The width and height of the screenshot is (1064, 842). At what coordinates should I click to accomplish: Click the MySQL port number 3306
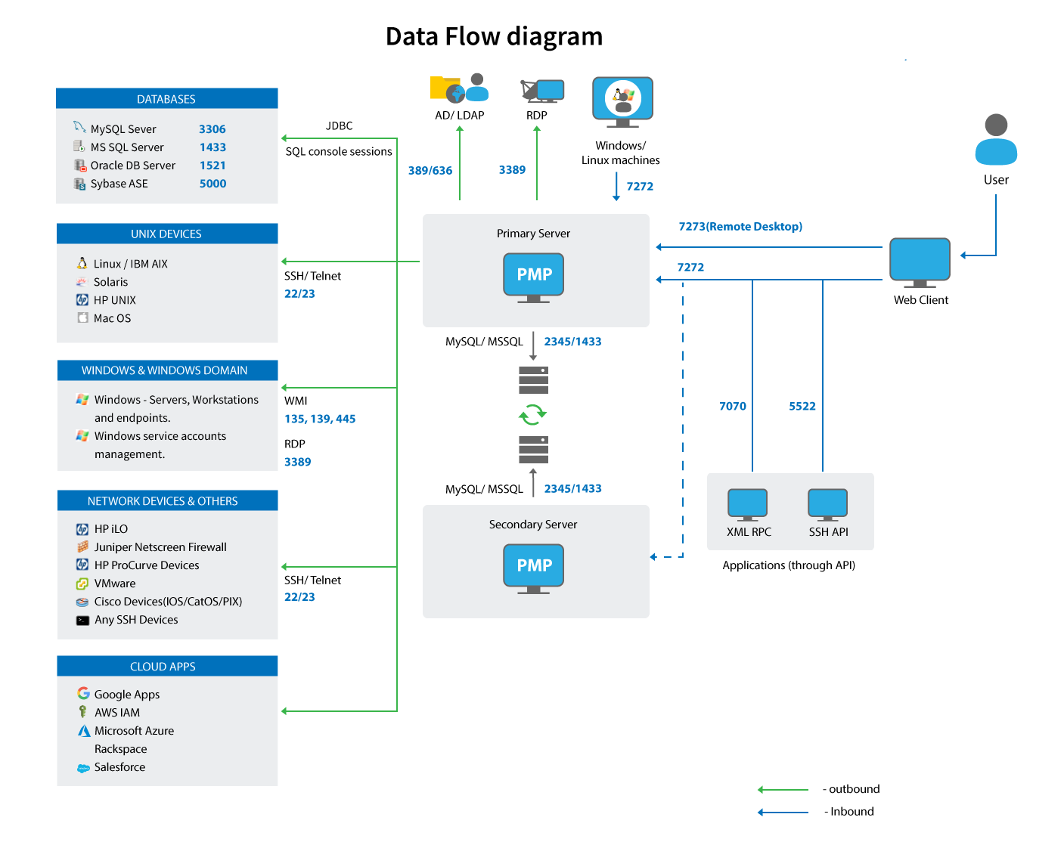tap(212, 129)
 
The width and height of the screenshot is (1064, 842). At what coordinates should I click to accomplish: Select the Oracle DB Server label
tap(132, 166)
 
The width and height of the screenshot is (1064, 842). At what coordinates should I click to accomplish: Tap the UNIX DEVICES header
tap(166, 234)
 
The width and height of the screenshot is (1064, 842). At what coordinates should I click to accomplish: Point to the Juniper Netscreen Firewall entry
tap(160, 547)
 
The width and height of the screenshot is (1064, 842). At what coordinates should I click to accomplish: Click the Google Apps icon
tap(83, 693)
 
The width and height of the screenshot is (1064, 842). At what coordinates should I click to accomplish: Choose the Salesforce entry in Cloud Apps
tap(119, 767)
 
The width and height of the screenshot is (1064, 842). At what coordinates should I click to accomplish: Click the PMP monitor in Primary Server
tap(534, 276)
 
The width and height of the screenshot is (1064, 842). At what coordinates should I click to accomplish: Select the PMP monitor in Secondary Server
tap(534, 567)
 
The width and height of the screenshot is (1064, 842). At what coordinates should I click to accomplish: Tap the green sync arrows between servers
tap(532, 414)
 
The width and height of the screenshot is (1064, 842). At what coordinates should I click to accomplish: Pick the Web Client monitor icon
tap(920, 262)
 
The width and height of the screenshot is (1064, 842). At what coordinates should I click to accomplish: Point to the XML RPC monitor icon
tap(747, 504)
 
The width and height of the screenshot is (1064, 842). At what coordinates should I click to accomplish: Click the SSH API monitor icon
tap(827, 504)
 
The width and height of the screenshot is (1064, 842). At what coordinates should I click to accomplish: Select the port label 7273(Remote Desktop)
tap(740, 227)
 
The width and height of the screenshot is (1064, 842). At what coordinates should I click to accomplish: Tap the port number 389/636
tap(430, 171)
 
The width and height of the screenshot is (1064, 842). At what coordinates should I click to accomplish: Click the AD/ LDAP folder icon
tap(446, 88)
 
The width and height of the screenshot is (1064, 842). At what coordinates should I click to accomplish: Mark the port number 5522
tap(802, 407)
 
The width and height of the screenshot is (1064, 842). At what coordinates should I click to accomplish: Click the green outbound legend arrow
tap(783, 790)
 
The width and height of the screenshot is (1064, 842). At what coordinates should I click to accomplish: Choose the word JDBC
tap(339, 126)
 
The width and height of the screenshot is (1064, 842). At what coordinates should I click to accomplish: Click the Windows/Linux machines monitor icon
tap(622, 101)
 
